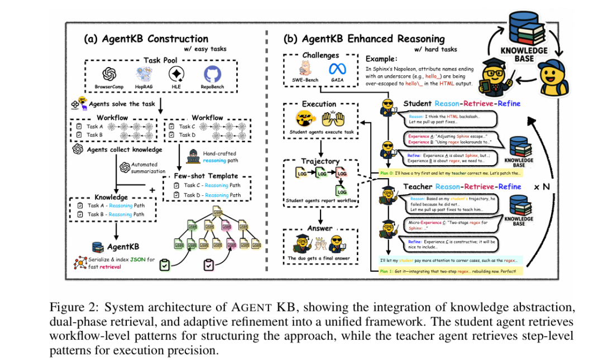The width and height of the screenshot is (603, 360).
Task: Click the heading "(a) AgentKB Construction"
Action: pos(146,39)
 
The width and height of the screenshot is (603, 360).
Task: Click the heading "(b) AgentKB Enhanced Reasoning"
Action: pos(364,39)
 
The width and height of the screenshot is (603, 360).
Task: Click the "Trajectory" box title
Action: pos(320,161)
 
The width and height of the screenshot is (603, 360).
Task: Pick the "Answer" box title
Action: pos(320,228)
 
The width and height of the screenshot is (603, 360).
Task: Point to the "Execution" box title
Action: pos(319,104)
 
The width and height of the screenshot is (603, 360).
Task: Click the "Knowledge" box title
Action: pos(112,197)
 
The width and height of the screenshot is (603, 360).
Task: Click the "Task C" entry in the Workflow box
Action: pos(188,126)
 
